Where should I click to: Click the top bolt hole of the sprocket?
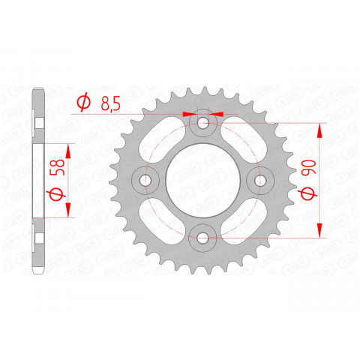203,122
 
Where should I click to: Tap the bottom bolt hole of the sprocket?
203,238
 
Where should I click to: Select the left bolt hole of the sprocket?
145,180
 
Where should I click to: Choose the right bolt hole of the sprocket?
261,180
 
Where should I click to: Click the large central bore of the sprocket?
203,180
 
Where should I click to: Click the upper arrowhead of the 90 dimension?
321,129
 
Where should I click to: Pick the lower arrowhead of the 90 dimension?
321,232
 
